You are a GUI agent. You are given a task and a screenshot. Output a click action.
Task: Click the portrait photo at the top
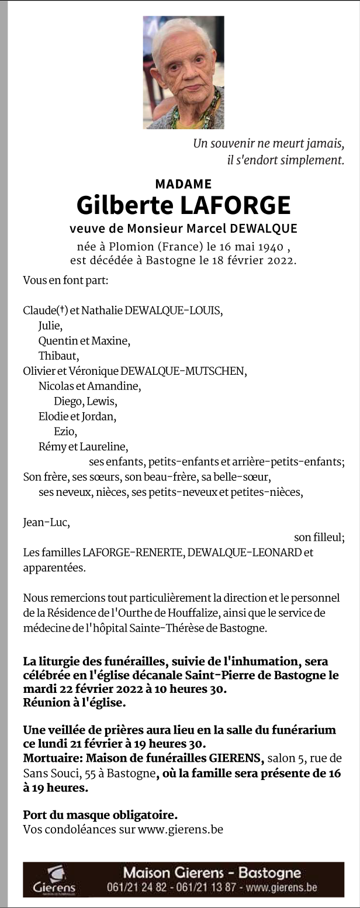point(184,72)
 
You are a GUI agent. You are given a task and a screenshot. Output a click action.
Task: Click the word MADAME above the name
point(184,184)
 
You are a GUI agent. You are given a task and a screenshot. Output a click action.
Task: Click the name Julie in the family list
point(50,326)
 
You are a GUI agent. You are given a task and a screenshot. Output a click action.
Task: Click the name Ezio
point(65,431)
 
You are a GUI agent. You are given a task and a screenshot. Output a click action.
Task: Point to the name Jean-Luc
point(46,522)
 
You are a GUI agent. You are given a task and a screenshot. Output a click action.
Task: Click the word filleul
point(327,537)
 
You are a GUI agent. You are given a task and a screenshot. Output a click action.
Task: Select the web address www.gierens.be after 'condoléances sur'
point(180,829)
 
